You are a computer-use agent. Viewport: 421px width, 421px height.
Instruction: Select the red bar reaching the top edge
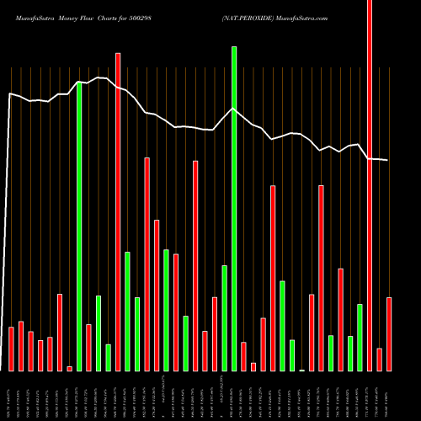370,185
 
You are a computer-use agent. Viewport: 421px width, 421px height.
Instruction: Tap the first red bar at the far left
11,349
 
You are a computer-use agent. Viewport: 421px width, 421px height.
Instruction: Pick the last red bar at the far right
389,334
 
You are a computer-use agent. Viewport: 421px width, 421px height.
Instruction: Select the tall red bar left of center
118,211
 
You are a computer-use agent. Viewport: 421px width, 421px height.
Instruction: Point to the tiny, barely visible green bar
302,370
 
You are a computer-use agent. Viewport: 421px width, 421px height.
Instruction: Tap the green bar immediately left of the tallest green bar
224,318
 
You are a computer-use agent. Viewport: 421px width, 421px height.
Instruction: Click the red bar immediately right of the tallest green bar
244,356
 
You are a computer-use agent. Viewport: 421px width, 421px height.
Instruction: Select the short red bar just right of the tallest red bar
380,360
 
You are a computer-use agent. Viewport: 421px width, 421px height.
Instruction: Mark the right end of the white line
387,160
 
